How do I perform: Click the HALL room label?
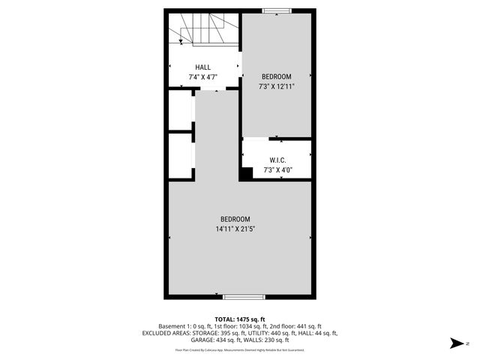pos(202,67)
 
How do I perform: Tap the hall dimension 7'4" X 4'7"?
pos(202,77)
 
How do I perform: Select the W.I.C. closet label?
pos(277,160)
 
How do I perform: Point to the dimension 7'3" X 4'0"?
pos(277,170)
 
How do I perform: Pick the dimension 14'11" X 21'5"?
pos(240,229)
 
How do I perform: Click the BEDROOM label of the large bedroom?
pos(240,219)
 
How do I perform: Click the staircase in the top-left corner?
pos(202,32)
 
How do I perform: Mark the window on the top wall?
pos(277,10)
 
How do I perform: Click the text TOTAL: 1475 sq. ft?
pos(240,319)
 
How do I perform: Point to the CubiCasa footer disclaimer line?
pos(240,349)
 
